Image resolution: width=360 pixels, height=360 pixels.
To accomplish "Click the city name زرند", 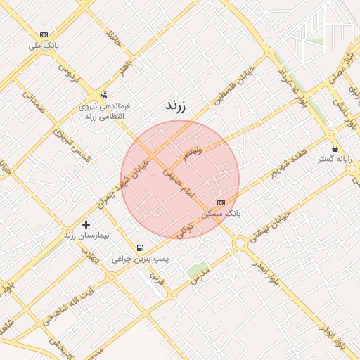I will [x=174, y=106].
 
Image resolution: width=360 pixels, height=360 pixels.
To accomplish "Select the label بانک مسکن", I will [x=220, y=212].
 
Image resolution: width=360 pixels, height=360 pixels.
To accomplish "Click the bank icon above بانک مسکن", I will [x=221, y=202].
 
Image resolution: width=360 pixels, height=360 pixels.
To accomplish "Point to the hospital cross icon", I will [x=86, y=224].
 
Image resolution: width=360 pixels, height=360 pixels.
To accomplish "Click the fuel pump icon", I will [x=141, y=247].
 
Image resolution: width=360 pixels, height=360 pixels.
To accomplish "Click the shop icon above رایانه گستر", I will [x=335, y=149].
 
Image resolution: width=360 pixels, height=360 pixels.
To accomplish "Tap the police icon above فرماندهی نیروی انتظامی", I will [x=104, y=95].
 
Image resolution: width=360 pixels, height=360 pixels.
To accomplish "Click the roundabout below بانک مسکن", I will [x=240, y=243].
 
